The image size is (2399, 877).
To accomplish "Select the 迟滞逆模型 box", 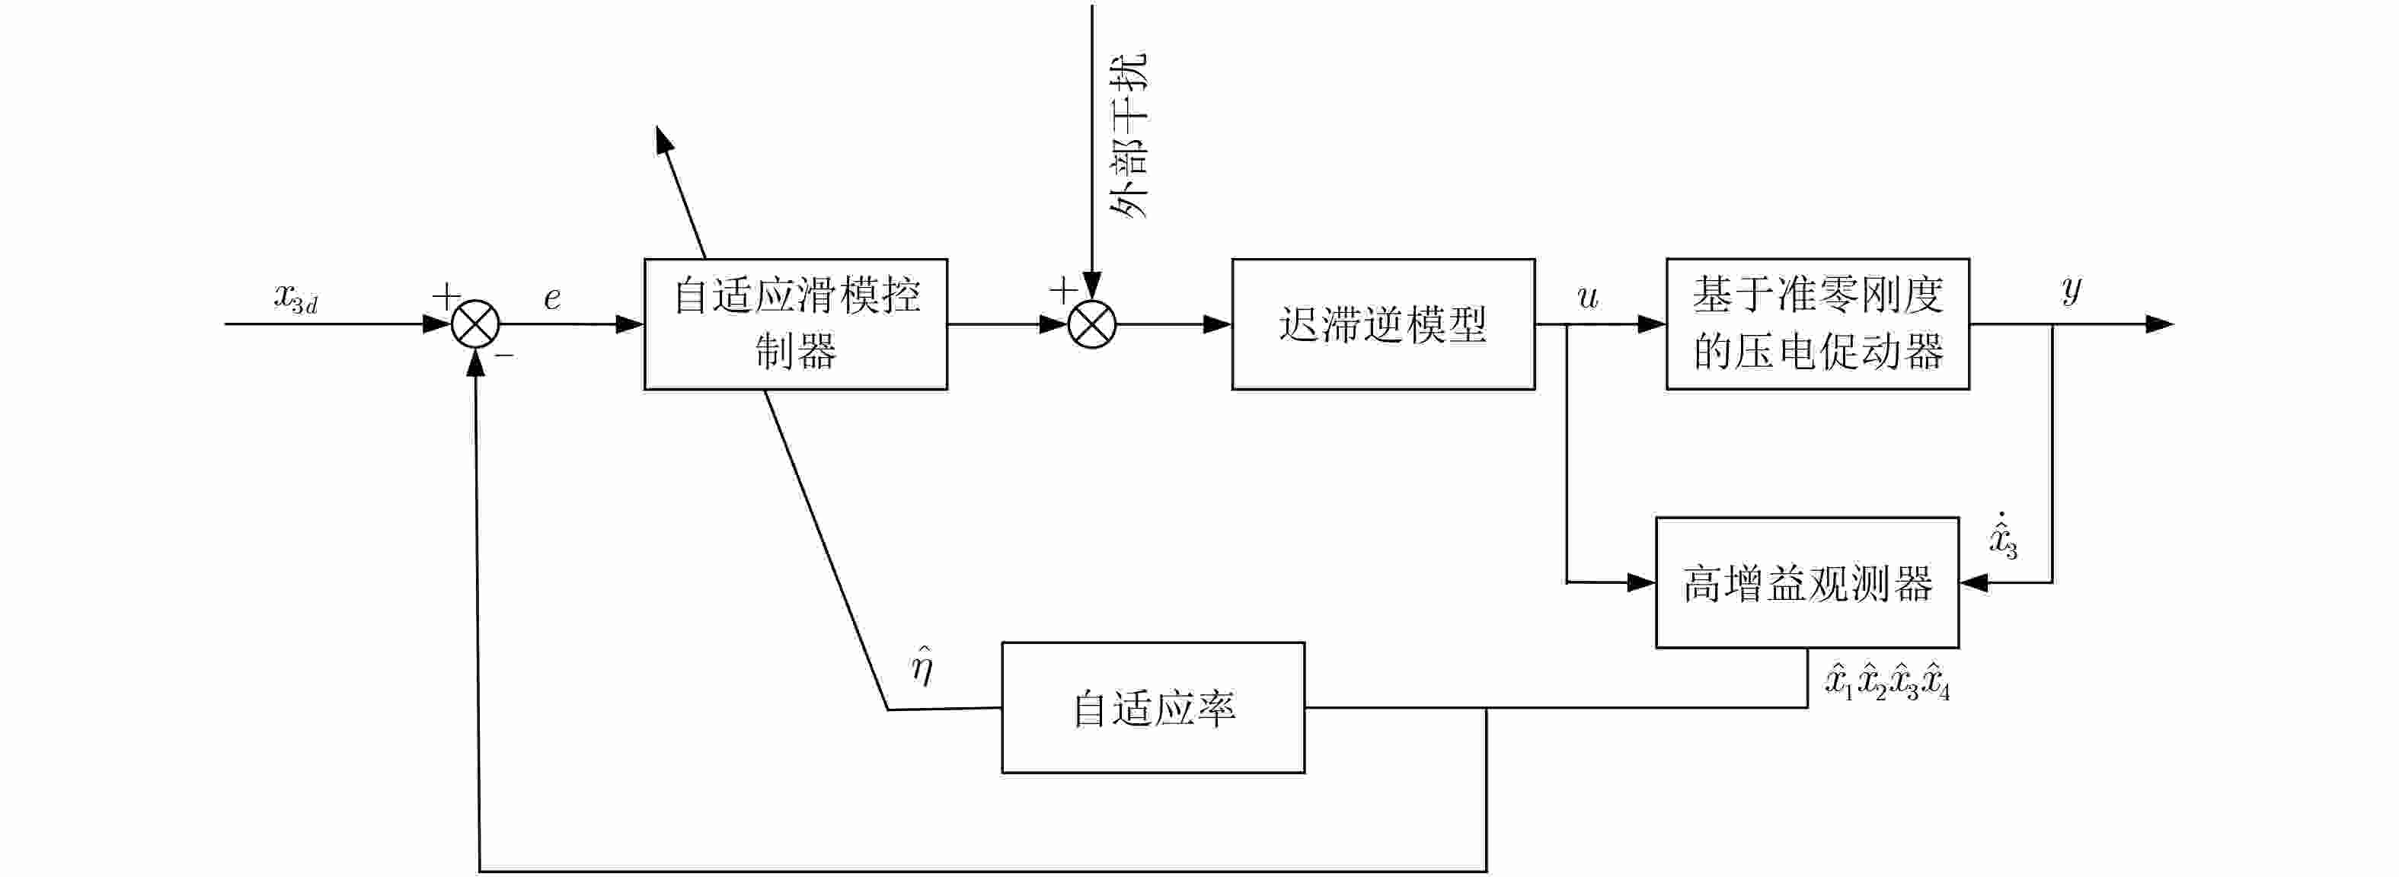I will (x=1382, y=324).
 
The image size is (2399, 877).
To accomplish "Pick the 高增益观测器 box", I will (x=1806, y=583).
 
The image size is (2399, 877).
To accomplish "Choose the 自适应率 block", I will (x=1153, y=707).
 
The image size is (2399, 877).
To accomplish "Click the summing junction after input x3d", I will (x=475, y=324).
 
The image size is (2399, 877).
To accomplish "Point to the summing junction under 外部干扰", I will (x=1091, y=324).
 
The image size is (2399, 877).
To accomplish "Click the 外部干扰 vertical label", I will (x=1129, y=135).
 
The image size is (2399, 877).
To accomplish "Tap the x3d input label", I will (x=296, y=297).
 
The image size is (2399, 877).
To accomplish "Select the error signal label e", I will (x=552, y=298).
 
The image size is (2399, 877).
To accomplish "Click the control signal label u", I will (x=1588, y=297).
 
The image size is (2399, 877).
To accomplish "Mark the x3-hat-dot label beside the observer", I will (x=2002, y=535).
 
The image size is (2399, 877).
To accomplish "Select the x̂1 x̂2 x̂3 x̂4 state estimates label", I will (x=1886, y=682).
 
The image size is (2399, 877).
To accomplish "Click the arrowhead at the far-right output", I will (x=2161, y=324).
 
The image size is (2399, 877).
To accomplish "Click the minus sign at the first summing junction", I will (x=505, y=355).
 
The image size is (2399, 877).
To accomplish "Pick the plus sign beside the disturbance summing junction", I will (x=1062, y=291).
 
